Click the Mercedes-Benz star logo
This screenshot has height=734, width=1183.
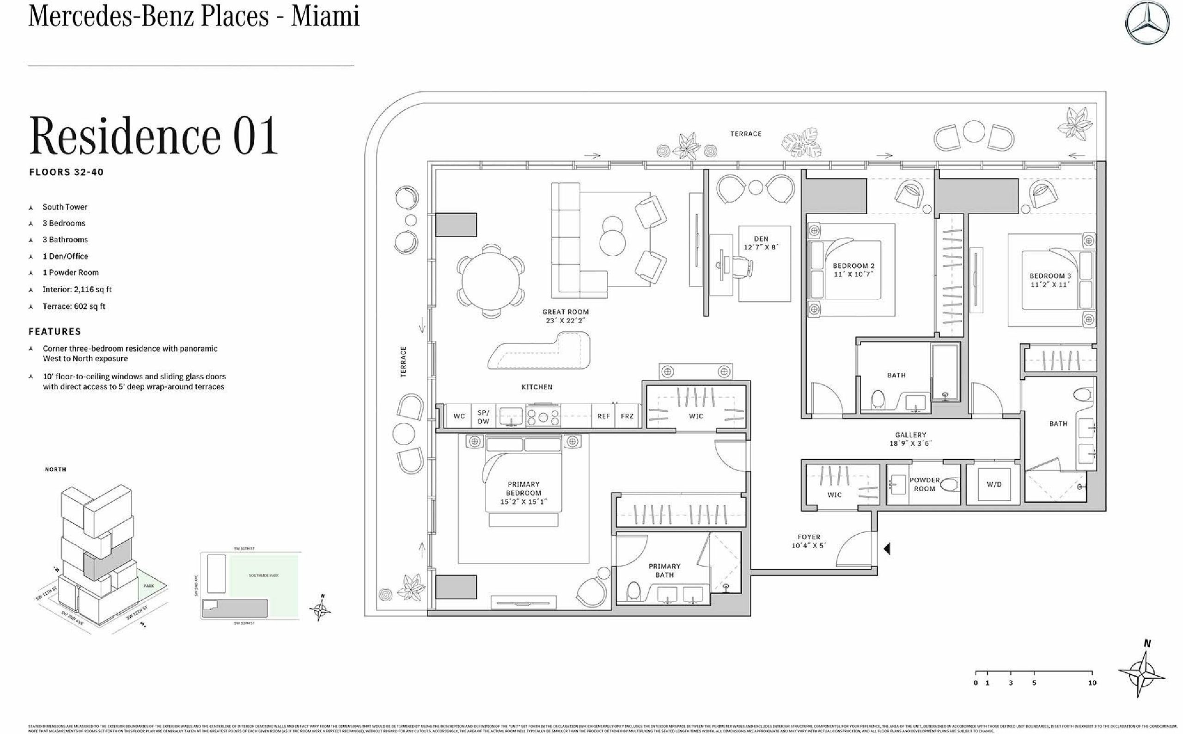(x=1146, y=22)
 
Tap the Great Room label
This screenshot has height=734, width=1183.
(x=565, y=316)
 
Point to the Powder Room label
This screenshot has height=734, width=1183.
(x=925, y=484)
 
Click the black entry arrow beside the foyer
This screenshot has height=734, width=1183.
(x=887, y=549)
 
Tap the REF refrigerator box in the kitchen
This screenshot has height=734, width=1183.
(x=604, y=417)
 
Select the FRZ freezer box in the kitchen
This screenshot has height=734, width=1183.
(x=627, y=417)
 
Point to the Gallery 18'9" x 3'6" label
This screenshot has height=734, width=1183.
(x=910, y=439)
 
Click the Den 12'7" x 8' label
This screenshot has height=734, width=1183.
(x=761, y=243)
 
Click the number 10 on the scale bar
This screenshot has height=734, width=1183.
(x=1092, y=683)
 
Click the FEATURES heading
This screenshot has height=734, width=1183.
(x=55, y=332)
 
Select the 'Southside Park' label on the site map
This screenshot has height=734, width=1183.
(x=263, y=576)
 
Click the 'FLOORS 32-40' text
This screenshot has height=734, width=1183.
(x=67, y=172)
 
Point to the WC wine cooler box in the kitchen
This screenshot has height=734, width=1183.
(x=459, y=417)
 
